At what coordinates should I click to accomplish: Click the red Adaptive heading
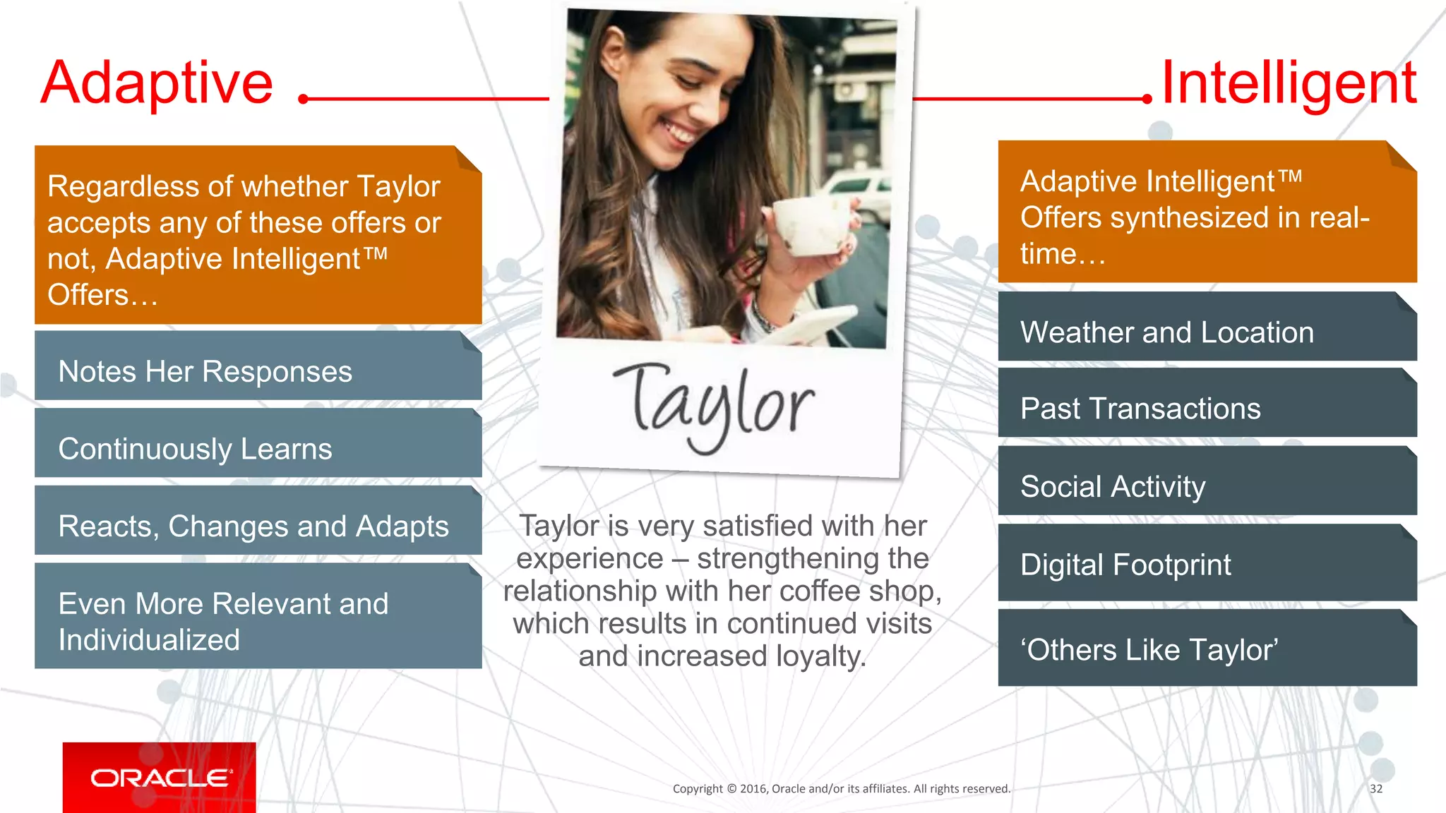[157, 83]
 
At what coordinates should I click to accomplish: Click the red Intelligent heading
[1288, 83]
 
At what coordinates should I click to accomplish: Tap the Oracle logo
[160, 778]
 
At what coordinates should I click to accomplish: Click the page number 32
[1375, 788]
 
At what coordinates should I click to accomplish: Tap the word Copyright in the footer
[698, 788]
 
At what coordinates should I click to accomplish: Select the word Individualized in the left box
[149, 640]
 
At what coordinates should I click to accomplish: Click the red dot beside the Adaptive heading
[304, 99]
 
